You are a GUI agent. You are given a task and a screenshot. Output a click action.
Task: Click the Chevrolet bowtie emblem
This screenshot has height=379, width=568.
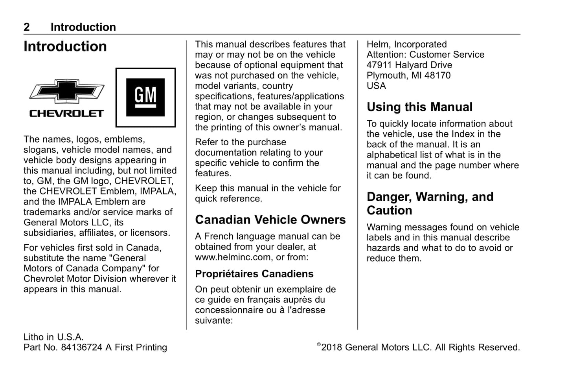click(x=67, y=92)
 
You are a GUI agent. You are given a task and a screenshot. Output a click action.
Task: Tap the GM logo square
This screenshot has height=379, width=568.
click(x=145, y=97)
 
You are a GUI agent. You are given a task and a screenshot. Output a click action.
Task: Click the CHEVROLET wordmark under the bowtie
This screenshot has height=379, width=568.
click(x=66, y=114)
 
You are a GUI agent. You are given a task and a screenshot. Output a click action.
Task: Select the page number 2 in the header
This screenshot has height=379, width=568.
click(x=27, y=27)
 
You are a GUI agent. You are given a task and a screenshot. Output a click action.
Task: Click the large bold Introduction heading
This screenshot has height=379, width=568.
click(x=65, y=47)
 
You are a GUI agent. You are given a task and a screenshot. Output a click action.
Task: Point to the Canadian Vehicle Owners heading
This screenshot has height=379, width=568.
click(x=270, y=220)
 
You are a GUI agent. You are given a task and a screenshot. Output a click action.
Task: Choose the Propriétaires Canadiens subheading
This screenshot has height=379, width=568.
click(x=254, y=274)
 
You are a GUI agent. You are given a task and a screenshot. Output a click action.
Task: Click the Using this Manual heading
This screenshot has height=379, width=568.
click(x=419, y=107)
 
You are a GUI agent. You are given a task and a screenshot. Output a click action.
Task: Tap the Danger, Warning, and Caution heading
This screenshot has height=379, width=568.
click(x=430, y=203)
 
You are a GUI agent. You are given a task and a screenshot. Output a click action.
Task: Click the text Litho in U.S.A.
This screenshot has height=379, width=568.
click(x=53, y=337)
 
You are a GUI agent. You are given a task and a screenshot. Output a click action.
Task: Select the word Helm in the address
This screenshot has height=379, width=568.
click(x=378, y=44)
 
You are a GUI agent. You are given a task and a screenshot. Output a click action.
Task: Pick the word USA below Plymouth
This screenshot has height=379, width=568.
click(x=376, y=86)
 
